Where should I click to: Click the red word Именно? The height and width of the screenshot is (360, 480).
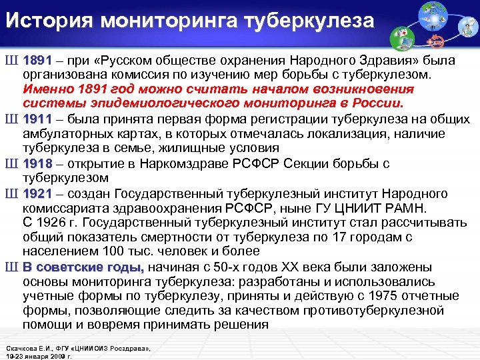click(45, 89)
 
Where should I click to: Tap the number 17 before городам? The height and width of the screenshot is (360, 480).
click(347, 237)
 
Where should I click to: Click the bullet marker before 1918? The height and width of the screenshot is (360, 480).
click(13, 163)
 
